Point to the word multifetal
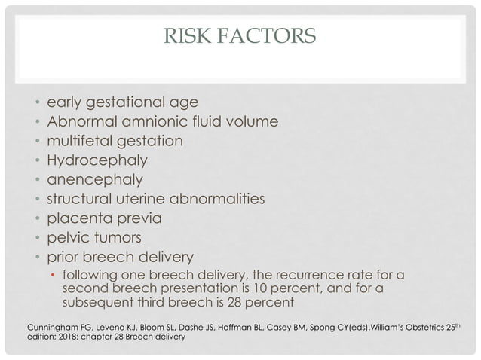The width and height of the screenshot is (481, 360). (83, 141)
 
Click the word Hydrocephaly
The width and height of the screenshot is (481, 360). (97, 160)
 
